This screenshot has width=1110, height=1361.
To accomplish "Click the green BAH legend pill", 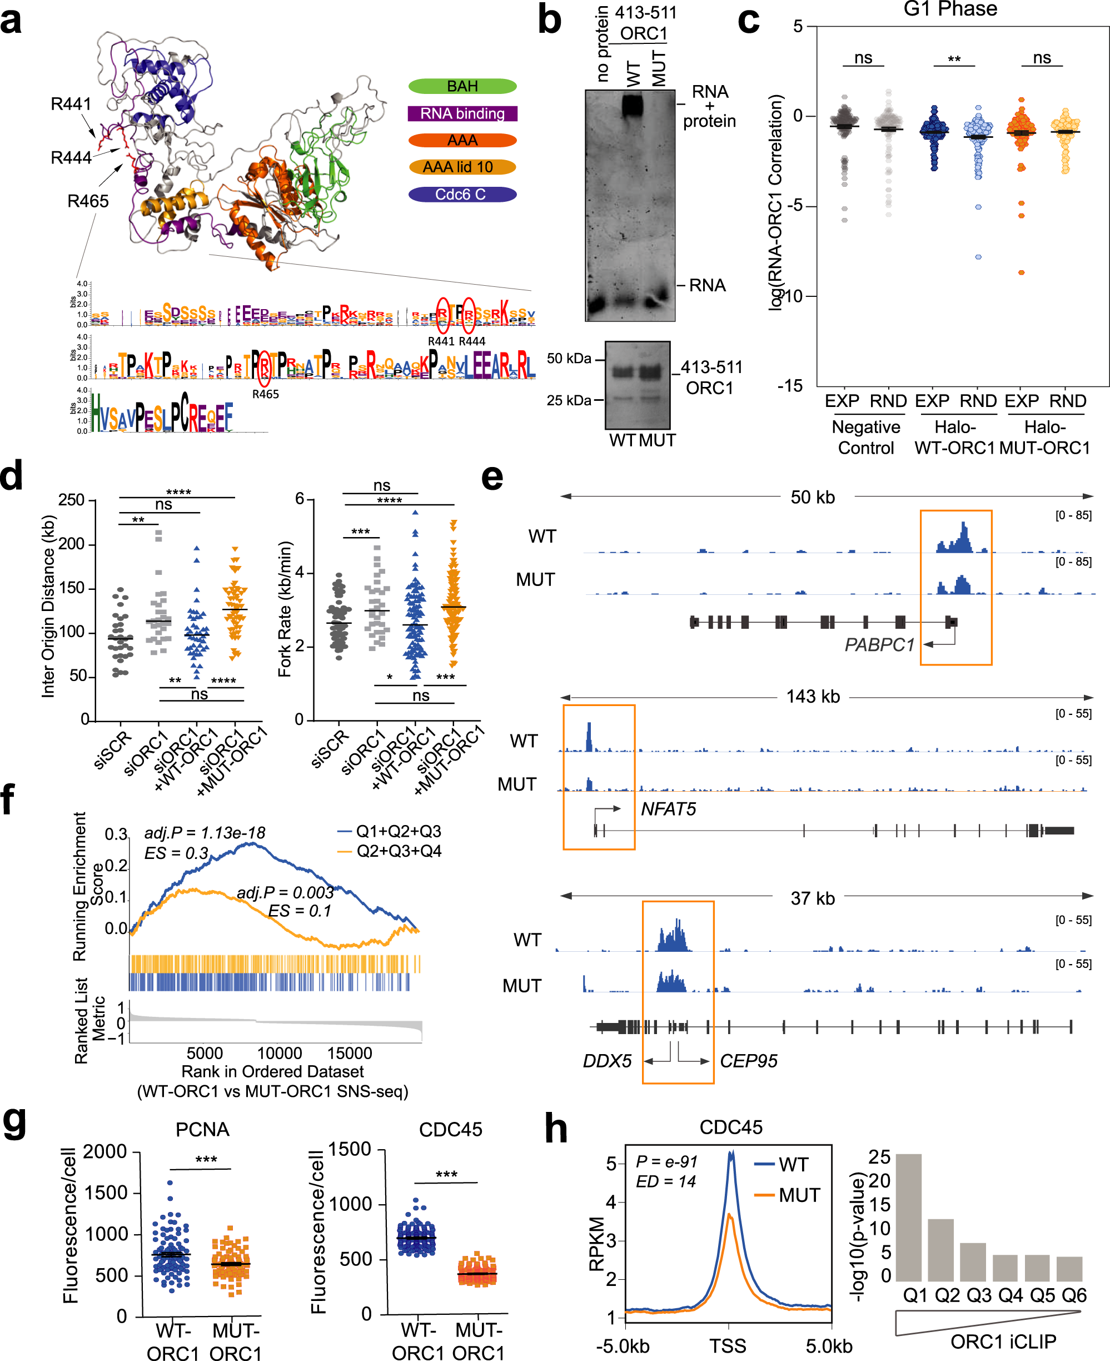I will pyautogui.click(x=462, y=86).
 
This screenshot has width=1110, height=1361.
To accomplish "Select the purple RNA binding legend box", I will pyautogui.click(x=462, y=113).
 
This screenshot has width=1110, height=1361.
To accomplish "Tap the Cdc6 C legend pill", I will pyautogui.click(x=462, y=195).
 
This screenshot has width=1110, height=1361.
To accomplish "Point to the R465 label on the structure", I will pyautogui.click(x=88, y=201).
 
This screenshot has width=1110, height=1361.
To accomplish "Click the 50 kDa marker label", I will pyautogui.click(x=569, y=358).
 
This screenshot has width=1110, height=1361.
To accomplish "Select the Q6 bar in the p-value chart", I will pyautogui.click(x=1069, y=1269).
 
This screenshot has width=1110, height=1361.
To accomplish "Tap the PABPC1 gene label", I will pyautogui.click(x=879, y=645).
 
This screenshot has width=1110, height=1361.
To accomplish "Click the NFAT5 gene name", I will pyautogui.click(x=668, y=809).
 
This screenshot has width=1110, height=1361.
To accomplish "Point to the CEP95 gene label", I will pyautogui.click(x=748, y=1061).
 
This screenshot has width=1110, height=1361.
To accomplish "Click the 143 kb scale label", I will pyautogui.click(x=813, y=697).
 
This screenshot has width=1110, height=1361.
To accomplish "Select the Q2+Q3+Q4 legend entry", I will pyautogui.click(x=390, y=851).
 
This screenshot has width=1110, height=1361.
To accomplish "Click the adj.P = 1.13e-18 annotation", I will pyautogui.click(x=205, y=833).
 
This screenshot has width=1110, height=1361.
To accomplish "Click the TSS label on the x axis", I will pyautogui.click(x=728, y=1345).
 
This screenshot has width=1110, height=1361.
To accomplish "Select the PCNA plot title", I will pyautogui.click(x=202, y=1130).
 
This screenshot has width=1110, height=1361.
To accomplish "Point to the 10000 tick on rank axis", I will pyautogui.click(x=280, y=1053).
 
